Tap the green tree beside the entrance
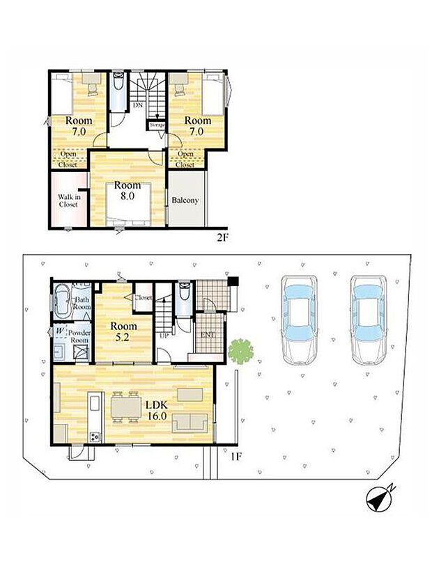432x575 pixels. (x=241, y=352)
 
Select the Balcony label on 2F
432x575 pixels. (x=185, y=200)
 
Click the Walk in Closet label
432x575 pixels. (x=69, y=200)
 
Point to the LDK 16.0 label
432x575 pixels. (x=157, y=410)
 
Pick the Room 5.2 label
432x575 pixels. (x=123, y=331)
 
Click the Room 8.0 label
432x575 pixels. (x=127, y=190)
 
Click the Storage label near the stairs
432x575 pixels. (x=157, y=125)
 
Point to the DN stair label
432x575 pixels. (x=138, y=105)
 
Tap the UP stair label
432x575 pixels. (x=164, y=335)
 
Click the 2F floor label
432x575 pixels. (x=222, y=237)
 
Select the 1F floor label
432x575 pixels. (x=236, y=457)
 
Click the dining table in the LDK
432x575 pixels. (x=125, y=407)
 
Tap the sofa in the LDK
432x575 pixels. (x=190, y=423)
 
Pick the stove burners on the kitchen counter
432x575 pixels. (x=95, y=436)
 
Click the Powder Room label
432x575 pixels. (x=79, y=336)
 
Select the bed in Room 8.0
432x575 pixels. (x=128, y=204)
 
